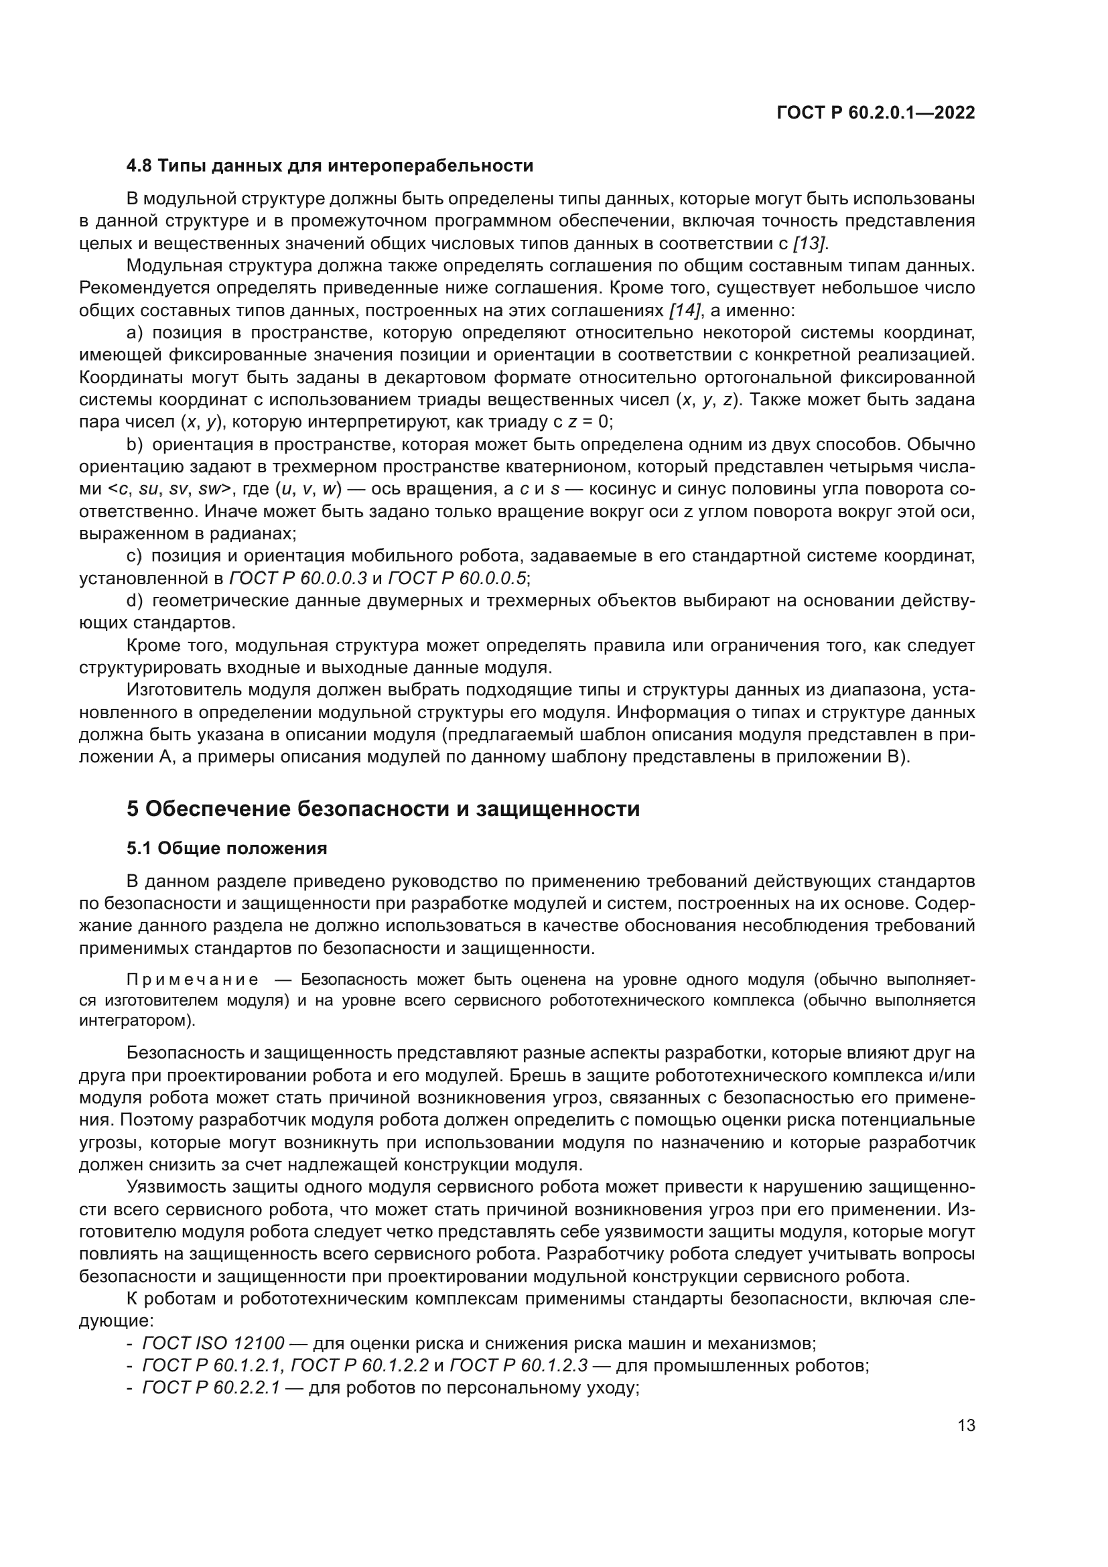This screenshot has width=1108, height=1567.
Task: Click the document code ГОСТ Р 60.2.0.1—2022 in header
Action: point(876,113)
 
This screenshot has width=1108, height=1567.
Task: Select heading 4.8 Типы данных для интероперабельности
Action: point(330,166)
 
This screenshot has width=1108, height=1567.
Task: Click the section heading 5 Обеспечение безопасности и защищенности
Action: point(383,809)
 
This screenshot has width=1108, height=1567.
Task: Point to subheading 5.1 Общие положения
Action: point(226,848)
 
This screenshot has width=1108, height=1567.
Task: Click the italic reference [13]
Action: point(810,244)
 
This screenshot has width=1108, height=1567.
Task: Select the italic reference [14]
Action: point(685,311)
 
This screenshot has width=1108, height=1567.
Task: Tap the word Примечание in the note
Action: point(193,981)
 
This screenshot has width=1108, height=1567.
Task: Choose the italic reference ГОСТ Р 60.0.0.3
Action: point(298,579)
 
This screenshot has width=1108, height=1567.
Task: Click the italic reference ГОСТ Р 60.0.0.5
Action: point(457,579)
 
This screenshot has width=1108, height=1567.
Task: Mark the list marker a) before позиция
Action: point(136,333)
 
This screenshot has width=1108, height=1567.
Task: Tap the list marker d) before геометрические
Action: point(135,601)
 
